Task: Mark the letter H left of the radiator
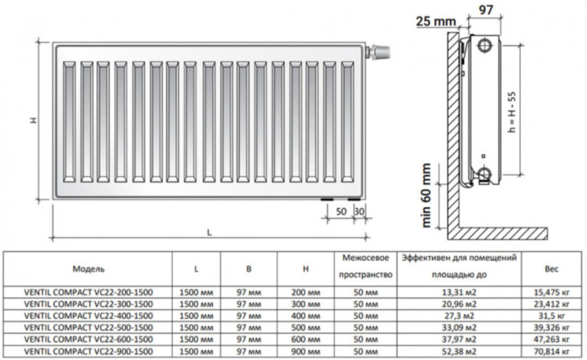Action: click(x=34, y=121)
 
